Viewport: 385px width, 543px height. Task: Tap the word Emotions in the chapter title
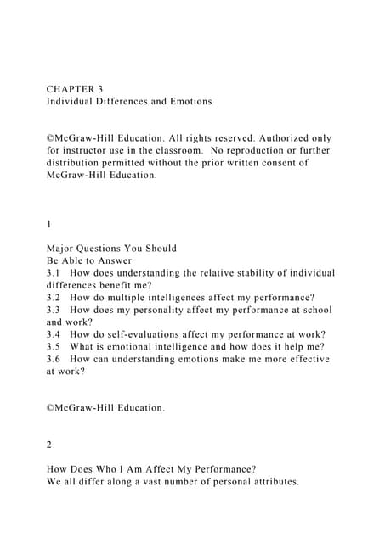pos(185,102)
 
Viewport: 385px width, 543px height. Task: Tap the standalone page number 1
pos(49,224)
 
